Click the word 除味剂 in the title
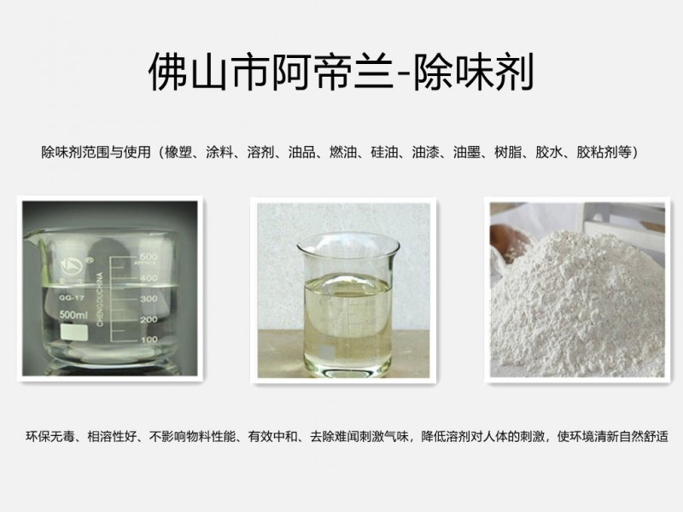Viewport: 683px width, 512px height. [x=474, y=72]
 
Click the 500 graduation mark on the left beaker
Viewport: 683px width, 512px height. [x=149, y=256]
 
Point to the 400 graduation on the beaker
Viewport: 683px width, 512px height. [x=149, y=277]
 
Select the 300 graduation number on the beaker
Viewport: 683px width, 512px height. [x=149, y=299]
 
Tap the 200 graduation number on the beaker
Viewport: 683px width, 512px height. [x=149, y=319]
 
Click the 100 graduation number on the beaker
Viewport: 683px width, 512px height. [x=149, y=339]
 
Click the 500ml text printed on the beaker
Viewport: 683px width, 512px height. [x=73, y=315]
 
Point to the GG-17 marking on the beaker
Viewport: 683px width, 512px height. [x=71, y=298]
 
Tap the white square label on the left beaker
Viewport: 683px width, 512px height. [x=73, y=332]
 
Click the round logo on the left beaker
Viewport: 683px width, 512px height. [x=73, y=265]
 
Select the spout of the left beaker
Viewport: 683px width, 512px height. [x=31, y=236]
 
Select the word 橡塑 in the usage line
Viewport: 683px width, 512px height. [x=178, y=152]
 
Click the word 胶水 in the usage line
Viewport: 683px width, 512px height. [x=549, y=152]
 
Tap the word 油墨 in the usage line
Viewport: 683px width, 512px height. [x=466, y=152]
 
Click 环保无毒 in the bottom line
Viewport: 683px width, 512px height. [x=50, y=436]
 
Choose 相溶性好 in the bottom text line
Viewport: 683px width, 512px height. [x=113, y=436]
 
